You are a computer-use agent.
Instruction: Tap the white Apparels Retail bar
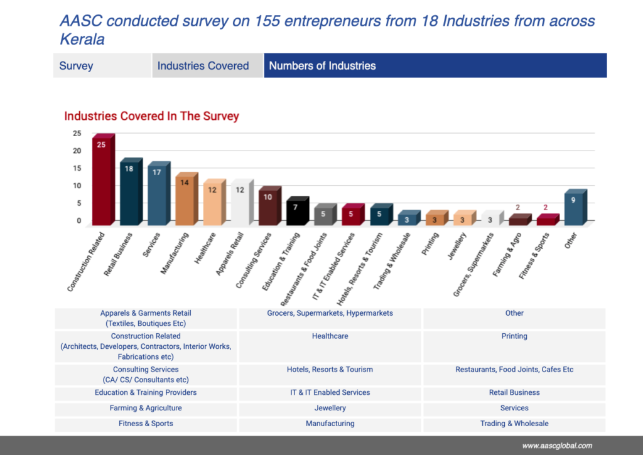pos(240,204)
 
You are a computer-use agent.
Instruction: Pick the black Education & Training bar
pos(296,212)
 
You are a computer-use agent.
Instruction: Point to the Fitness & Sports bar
pos(546,220)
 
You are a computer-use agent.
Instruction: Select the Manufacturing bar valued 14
pos(185,200)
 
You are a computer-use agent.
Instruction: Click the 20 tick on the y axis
pos(77,151)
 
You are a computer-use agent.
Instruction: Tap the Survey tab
pos(77,66)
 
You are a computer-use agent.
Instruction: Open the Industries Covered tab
pos(203,66)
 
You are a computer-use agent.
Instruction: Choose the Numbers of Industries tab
pos(323,66)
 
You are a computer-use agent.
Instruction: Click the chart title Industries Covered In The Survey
pos(151,116)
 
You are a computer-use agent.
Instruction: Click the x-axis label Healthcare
pos(205,248)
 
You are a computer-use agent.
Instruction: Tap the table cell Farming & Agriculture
pos(146,408)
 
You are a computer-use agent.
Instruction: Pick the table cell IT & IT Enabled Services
pos(330,392)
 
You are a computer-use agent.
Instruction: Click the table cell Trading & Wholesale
pos(514,424)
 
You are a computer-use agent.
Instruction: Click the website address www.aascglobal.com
pos(556,446)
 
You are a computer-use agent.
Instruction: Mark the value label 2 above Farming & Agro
pos(518,208)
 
